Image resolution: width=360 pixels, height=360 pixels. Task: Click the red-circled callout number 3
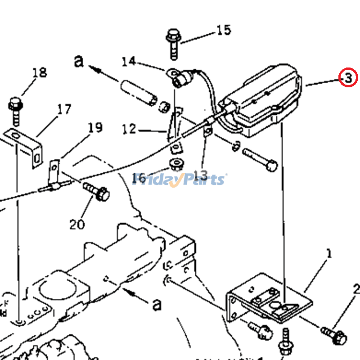[348, 78]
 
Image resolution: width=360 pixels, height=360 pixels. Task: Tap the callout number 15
[224, 30]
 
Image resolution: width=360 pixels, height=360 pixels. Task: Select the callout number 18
[40, 72]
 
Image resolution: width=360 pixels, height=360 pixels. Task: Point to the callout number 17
[64, 109]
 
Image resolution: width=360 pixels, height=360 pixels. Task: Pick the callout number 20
[77, 224]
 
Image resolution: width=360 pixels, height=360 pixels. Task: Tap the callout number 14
[128, 61]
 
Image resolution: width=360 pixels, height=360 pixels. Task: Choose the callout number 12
[129, 130]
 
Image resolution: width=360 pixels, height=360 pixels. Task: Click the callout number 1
[329, 254]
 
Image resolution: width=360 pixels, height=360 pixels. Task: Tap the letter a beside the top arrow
[79, 61]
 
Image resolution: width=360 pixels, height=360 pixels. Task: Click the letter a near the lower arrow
[157, 305]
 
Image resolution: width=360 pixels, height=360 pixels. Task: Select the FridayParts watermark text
[180, 180]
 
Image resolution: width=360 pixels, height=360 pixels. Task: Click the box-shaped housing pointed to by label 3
[261, 99]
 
